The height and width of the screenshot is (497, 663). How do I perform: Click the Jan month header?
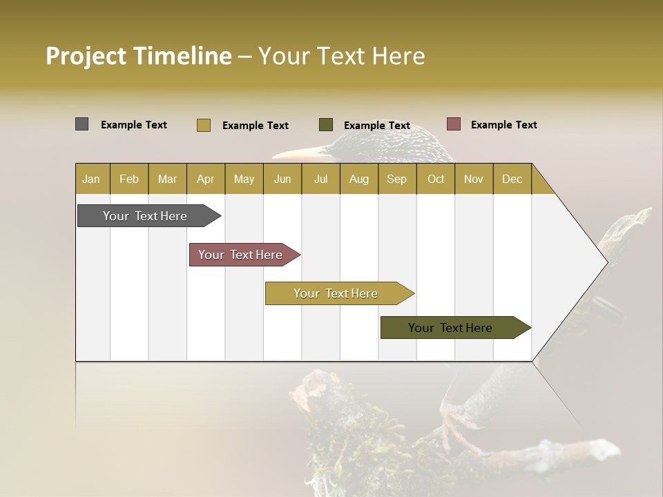[x=91, y=179]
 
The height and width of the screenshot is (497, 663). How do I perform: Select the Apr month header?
[x=205, y=179]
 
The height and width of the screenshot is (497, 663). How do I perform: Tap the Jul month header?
[x=320, y=179]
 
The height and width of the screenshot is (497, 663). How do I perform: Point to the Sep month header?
[x=396, y=179]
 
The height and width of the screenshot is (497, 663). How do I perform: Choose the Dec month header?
[x=512, y=179]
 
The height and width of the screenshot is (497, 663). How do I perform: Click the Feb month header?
[x=129, y=179]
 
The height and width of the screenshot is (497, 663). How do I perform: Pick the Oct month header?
[x=436, y=179]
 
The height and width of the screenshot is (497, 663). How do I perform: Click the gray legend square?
[x=81, y=124]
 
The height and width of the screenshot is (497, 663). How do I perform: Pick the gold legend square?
[x=203, y=125]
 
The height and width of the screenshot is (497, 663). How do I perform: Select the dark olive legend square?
[x=325, y=124]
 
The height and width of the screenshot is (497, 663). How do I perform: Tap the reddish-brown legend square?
[x=453, y=124]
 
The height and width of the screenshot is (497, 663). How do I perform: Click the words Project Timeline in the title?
[x=138, y=56]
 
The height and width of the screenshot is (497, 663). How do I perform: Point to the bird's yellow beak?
[x=297, y=152]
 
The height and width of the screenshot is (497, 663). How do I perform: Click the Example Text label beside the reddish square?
[x=503, y=125]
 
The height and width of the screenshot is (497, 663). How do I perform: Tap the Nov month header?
[x=474, y=179]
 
